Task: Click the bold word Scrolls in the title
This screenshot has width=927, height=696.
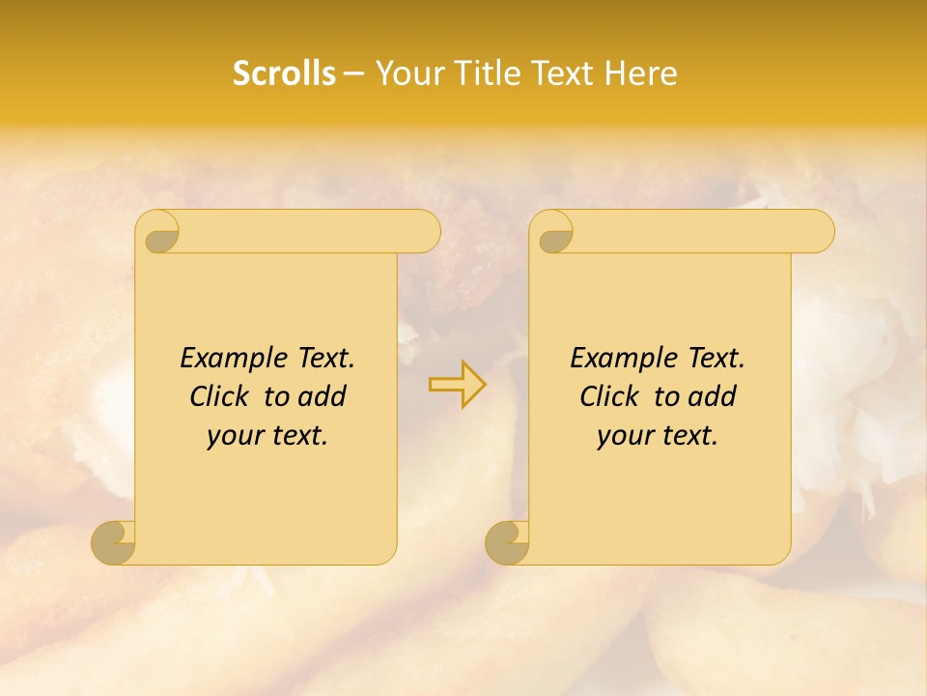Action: coord(284,73)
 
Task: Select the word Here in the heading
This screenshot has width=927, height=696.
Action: coord(640,73)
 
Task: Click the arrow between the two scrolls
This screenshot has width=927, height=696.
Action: coord(458,385)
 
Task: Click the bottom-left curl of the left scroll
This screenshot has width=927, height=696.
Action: coord(114,541)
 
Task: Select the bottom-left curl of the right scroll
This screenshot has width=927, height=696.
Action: coord(508,541)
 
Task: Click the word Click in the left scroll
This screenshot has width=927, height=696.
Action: coord(218,396)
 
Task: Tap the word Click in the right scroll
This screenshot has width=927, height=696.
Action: coord(608,396)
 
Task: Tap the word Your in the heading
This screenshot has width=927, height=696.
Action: coord(407,73)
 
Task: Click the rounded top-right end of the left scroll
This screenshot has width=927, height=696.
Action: coord(426,232)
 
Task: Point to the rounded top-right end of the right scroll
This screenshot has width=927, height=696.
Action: coord(820,232)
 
